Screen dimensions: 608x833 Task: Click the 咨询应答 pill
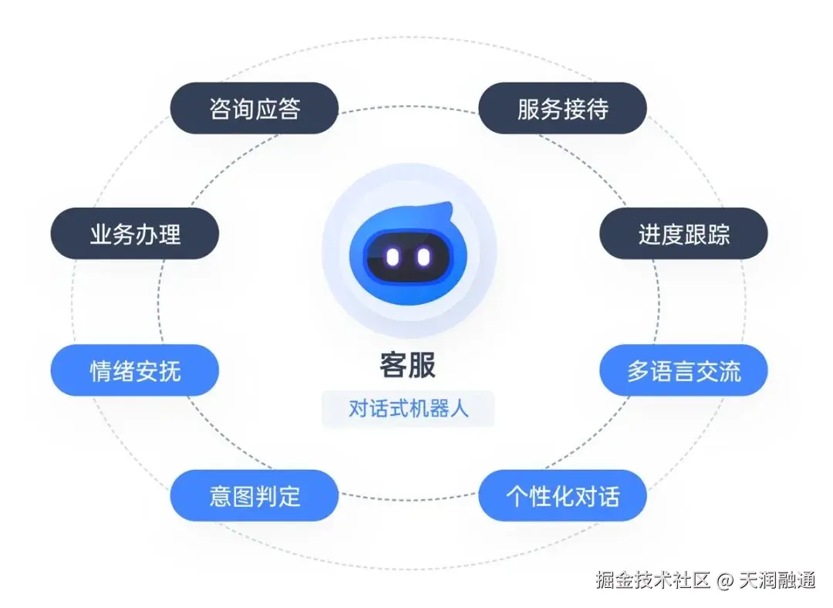point(255,108)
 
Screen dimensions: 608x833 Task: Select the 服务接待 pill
point(562,108)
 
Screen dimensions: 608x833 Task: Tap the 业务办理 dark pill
point(135,233)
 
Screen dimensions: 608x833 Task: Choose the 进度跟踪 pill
point(683,233)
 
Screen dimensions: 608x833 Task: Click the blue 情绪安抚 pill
point(135,370)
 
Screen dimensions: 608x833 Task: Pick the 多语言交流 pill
point(683,370)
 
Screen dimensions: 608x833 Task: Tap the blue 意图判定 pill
point(255,495)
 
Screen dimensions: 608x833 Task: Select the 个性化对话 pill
point(562,495)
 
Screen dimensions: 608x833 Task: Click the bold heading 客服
point(407,366)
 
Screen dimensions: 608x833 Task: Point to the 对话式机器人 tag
point(408,408)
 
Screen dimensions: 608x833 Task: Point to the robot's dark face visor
point(407,258)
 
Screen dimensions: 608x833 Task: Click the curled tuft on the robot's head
point(443,211)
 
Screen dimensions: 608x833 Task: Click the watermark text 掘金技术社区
point(652,580)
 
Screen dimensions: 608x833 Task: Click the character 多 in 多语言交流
point(638,371)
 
